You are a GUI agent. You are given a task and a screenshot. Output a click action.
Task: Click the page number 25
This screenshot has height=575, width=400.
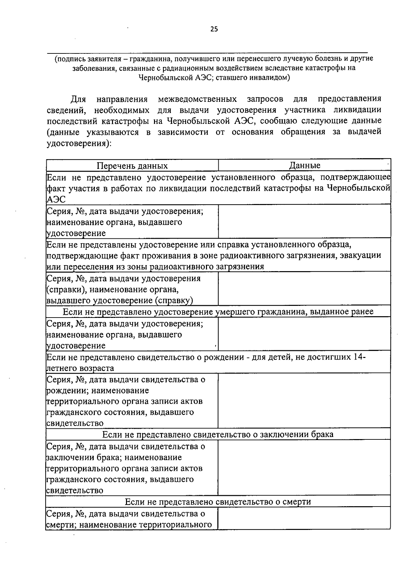coord(214,29)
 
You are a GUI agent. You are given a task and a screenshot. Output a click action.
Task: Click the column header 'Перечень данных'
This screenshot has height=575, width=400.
coord(132,166)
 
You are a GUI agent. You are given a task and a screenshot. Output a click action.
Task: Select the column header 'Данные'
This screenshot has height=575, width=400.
coord(304,165)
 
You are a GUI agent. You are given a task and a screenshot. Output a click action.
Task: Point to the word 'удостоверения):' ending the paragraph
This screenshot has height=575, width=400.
coord(79,144)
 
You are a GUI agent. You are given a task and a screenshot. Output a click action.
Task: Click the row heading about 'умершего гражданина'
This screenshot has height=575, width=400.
coord(218,312)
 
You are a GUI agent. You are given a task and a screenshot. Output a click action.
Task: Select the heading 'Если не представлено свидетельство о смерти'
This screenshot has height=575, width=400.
coord(218,502)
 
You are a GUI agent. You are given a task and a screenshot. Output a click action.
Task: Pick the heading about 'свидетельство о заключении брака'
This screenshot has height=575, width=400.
coord(218,434)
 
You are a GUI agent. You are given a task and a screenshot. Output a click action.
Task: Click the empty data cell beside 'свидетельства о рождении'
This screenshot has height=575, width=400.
coord(304,400)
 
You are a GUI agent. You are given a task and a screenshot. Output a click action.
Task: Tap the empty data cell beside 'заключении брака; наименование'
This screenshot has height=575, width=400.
coord(304,467)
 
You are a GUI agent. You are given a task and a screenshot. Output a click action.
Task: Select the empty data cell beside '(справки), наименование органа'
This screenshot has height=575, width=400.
coord(304,288)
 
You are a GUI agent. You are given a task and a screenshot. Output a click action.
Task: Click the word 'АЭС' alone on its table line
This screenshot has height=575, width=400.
coord(55,199)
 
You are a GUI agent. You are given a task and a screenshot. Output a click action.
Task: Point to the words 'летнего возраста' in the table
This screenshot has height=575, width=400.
coord(80,368)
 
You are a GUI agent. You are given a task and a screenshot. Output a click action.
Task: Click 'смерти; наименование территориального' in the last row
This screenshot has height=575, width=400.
coord(129,525)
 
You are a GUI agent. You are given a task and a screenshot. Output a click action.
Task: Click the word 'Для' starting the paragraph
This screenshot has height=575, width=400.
coord(78,99)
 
